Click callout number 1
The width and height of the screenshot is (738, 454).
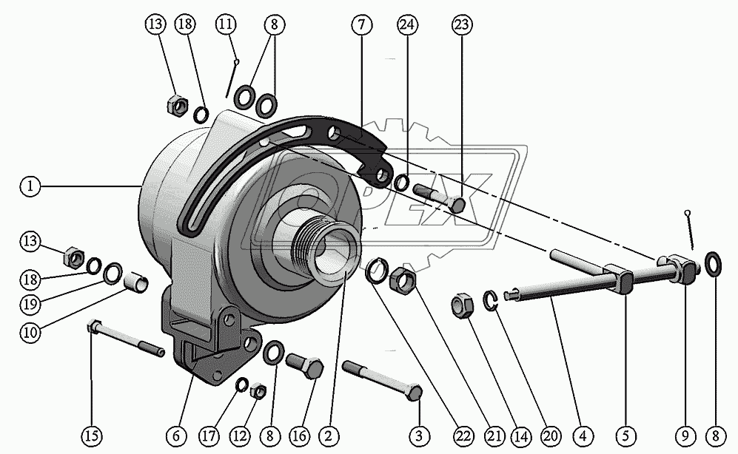coord(30,187)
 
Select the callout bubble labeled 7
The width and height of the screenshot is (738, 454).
coord(360,24)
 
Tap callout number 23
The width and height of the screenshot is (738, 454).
coord(462,24)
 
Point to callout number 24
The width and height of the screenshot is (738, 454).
coord(405,24)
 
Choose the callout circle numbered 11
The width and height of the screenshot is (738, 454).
coord(226,24)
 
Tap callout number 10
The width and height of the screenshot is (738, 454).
coord(30,333)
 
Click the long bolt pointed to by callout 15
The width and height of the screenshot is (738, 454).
coord(126,338)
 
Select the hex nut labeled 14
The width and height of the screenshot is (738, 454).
coord(460,306)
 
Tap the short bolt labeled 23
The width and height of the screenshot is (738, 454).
coord(440,199)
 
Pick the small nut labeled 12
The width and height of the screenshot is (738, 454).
coord(258,390)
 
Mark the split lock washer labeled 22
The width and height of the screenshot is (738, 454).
coord(377,271)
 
